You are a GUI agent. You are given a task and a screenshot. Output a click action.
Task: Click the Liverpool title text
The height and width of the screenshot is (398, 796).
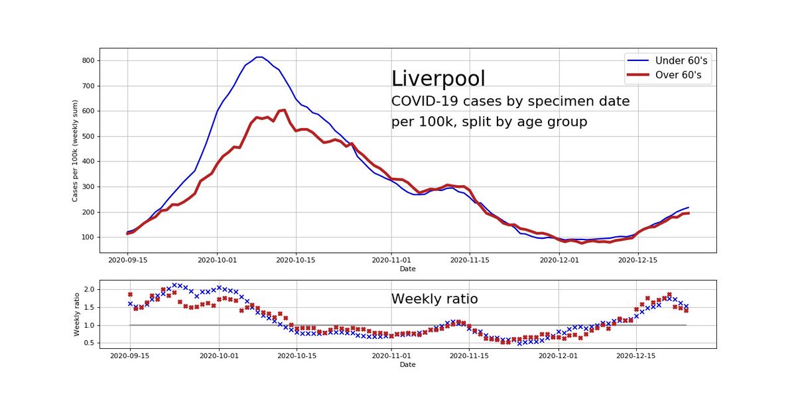(438, 78)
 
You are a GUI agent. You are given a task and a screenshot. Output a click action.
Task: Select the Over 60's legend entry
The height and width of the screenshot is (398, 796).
(667, 77)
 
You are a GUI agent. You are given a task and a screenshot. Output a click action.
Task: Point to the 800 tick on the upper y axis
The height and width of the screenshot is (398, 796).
(89, 61)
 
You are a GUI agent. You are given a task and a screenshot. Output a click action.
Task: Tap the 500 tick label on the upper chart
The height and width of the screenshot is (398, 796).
(89, 137)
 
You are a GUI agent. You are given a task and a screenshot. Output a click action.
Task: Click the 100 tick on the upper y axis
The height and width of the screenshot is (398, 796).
(89, 237)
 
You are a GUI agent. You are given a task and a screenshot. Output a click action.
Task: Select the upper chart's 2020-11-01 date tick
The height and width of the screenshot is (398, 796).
(391, 261)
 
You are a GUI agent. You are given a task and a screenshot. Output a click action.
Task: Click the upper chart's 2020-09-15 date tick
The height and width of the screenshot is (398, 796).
(129, 261)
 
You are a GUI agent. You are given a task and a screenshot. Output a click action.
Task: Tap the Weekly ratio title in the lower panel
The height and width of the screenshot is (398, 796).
(434, 299)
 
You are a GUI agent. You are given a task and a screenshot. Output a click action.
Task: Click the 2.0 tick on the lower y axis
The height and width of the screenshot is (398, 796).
(90, 290)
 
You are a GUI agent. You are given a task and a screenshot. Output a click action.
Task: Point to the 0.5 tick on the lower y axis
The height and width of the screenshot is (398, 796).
(90, 343)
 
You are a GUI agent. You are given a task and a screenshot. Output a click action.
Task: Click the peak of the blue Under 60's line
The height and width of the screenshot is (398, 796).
(259, 57)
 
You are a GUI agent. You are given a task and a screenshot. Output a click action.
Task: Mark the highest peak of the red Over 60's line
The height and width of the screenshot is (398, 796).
(283, 110)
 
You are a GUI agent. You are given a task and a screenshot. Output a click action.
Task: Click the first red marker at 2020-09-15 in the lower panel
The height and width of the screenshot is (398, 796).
(130, 295)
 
